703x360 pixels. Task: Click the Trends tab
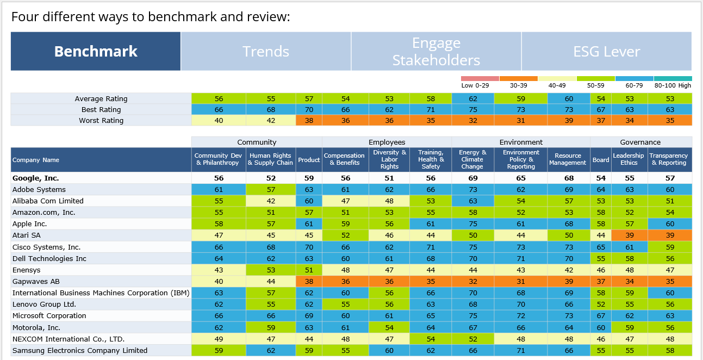[x=266, y=52]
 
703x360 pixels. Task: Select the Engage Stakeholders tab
[x=436, y=52]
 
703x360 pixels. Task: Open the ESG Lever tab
[x=606, y=52]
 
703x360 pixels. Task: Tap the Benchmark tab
[x=96, y=52]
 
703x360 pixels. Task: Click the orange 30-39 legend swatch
[x=518, y=79]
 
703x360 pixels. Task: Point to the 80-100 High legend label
[x=673, y=85]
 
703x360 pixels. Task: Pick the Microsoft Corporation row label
[x=49, y=316]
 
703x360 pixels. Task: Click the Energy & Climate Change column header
[x=472, y=160]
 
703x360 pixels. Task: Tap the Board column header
[x=601, y=160]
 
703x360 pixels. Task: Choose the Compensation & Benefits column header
[x=344, y=160]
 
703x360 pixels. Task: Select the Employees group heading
[x=387, y=142]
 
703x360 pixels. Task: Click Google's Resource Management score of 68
[x=569, y=178]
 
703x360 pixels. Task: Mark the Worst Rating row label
[x=101, y=121]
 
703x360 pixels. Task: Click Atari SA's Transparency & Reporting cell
[x=670, y=235]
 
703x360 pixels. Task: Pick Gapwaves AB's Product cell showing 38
[x=309, y=282]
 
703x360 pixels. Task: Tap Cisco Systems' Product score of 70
[x=309, y=247]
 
